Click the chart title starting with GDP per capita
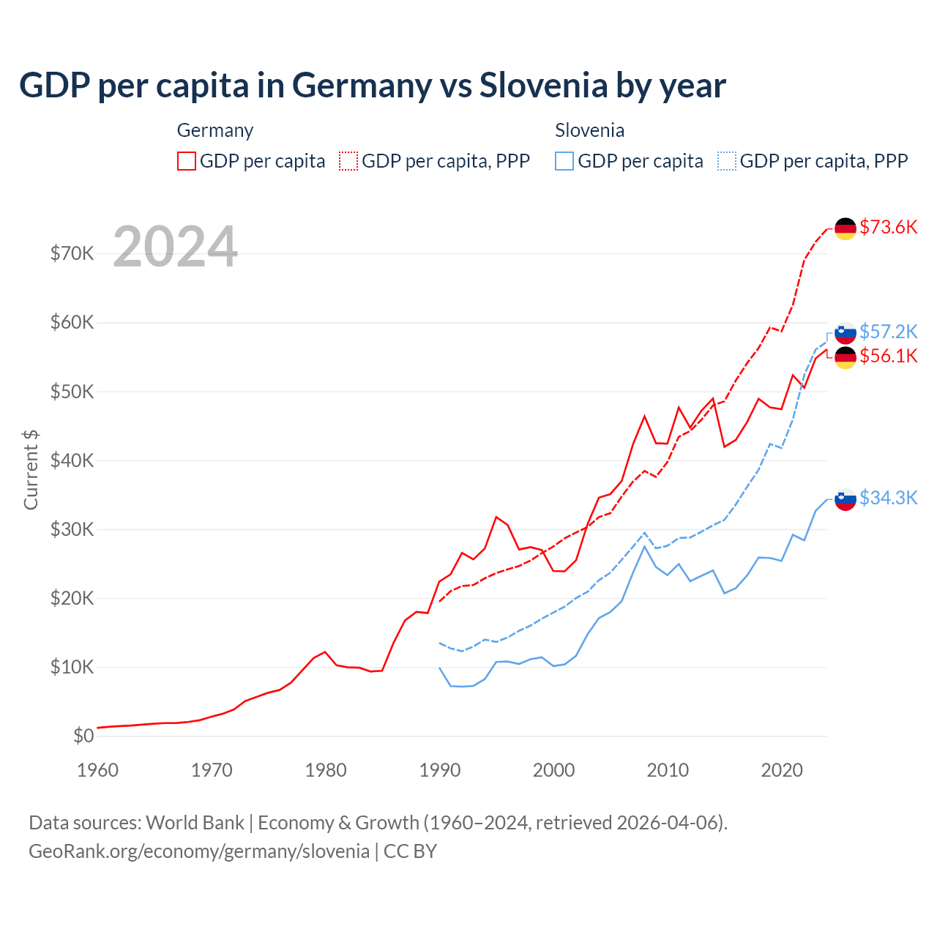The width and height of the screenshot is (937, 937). point(372,86)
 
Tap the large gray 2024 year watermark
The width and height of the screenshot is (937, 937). point(175,247)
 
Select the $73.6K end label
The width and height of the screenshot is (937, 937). point(888,227)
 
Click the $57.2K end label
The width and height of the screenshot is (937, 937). point(888,332)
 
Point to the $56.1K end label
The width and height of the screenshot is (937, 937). point(888,356)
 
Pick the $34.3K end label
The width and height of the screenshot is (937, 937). point(888,498)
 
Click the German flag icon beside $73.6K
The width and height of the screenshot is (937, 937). point(845,228)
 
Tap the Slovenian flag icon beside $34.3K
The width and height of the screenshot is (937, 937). point(845,499)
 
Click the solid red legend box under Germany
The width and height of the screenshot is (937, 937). point(187,161)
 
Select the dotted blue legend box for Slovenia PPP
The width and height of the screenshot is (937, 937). point(727,161)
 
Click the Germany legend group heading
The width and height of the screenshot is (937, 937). point(214,130)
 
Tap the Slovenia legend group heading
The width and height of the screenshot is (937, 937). point(589,130)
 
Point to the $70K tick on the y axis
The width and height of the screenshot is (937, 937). point(72,253)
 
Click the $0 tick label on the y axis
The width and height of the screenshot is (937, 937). point(83,736)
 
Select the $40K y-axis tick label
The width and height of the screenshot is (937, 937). point(72,460)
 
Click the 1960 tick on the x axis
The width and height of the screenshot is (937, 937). point(97,770)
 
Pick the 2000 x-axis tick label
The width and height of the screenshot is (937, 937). point(553,770)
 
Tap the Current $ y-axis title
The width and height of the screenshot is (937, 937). point(31,470)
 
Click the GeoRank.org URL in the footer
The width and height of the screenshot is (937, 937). point(199,851)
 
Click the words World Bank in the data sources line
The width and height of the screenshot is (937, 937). point(195,822)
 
